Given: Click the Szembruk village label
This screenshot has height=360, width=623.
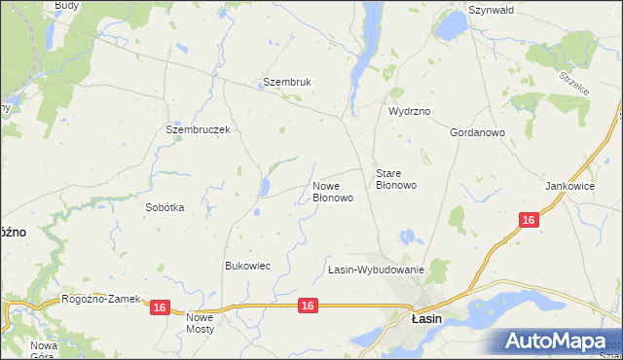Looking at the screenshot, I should [x=286, y=83].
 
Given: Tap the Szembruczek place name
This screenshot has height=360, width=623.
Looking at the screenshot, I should [x=198, y=129].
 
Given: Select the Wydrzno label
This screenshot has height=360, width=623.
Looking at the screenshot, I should [x=410, y=112].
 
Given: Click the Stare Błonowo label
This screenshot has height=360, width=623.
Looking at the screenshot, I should [x=396, y=179].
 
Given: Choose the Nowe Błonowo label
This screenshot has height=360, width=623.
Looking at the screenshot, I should [x=332, y=191].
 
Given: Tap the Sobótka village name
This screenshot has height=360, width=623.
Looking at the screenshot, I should [x=165, y=207].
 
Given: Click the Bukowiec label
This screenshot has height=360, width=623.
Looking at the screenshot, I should [x=247, y=266].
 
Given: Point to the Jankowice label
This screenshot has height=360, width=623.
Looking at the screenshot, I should [x=569, y=186].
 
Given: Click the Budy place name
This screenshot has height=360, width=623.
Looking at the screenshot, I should [x=67, y=5].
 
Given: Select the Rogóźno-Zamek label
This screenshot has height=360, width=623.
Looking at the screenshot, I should [x=101, y=300].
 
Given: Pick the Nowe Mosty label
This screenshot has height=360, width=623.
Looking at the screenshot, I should [x=200, y=323].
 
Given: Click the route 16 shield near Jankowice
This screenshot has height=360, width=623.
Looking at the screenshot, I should [x=528, y=221].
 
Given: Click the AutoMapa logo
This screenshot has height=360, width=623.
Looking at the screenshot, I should [x=556, y=341].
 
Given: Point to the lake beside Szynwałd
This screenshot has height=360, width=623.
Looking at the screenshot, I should [x=452, y=27].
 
